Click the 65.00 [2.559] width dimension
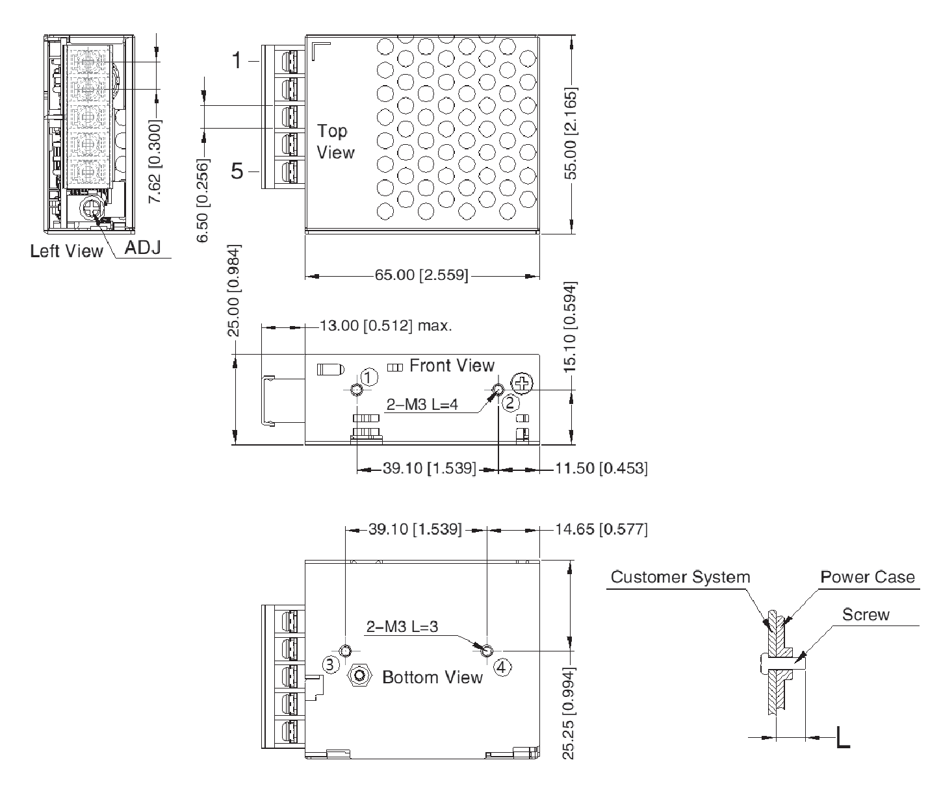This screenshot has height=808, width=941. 421,275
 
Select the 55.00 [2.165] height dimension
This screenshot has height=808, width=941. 571,132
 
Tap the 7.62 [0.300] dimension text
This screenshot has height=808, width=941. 156,161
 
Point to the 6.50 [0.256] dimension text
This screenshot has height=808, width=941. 203,200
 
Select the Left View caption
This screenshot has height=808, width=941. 66,251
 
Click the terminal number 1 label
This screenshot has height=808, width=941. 238,61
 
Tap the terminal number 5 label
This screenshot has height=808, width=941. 238,171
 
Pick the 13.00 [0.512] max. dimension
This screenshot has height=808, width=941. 385,325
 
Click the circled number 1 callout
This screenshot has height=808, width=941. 369,377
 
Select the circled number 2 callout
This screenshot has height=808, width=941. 510,403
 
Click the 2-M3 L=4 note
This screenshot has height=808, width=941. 422,405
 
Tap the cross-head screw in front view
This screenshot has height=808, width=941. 522,383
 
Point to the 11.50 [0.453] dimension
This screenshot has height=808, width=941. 600,468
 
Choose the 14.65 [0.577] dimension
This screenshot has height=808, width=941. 600,529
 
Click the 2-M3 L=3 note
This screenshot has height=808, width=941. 403,627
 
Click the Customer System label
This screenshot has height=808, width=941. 680,577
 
